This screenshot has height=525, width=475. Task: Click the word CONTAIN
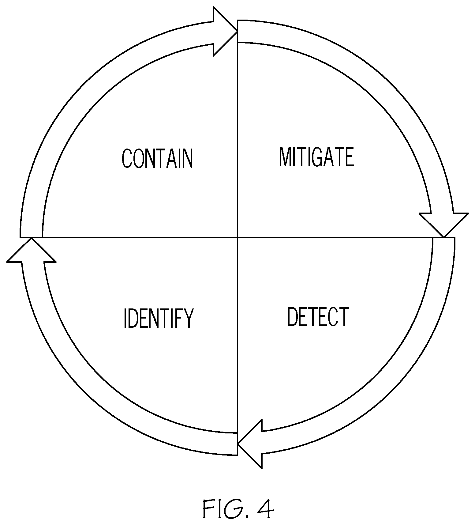(157, 158)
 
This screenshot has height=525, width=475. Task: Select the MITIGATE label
(316, 157)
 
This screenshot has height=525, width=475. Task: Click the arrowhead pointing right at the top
(225, 32)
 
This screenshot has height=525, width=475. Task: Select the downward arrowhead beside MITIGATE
(443, 225)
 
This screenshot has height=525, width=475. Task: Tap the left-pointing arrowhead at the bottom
(250, 444)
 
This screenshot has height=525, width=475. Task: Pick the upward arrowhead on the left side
(31, 250)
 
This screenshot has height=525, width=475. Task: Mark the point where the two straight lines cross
(238, 237)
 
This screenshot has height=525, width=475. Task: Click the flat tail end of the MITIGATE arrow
(238, 31)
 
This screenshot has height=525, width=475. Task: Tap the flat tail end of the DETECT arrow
(444, 238)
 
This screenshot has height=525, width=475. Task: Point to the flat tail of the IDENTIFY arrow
(238, 444)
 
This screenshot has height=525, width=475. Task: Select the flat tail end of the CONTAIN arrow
(31, 237)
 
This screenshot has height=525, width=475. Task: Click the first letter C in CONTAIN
(126, 159)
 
